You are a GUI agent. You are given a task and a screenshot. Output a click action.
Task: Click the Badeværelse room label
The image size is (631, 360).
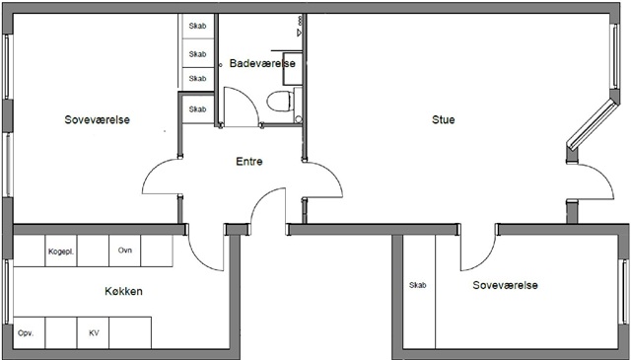(x=262, y=63)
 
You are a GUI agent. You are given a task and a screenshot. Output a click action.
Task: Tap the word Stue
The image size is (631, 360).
(x=443, y=119)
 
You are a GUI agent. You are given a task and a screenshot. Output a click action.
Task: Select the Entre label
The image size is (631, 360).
(x=249, y=162)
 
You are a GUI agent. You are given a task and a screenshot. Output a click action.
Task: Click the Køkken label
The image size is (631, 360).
(x=123, y=291)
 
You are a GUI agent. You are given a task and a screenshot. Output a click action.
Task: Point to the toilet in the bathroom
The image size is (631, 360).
(x=280, y=101)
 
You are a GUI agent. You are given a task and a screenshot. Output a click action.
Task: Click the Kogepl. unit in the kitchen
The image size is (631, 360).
(x=61, y=251)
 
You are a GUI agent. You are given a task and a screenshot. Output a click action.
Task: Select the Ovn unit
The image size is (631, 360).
(x=125, y=251)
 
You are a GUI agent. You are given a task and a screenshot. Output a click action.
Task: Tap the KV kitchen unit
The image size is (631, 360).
(x=94, y=333)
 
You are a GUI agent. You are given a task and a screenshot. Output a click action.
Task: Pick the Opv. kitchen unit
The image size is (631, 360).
(x=29, y=333)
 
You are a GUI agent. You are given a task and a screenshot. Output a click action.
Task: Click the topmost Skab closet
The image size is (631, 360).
(x=197, y=27)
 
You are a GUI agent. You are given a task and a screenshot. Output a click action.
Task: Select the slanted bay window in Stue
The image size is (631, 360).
(x=592, y=125)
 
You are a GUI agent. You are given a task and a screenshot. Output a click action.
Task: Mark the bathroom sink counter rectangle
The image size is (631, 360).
(x=293, y=68)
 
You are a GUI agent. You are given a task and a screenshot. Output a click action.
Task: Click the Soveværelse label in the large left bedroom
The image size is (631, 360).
(x=97, y=119)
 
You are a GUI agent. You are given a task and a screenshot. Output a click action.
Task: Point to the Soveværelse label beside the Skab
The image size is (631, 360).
(x=505, y=285)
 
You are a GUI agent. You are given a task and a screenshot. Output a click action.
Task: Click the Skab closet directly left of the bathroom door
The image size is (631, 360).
(x=197, y=109)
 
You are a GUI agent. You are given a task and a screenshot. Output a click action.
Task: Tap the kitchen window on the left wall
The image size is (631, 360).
(x=7, y=292)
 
